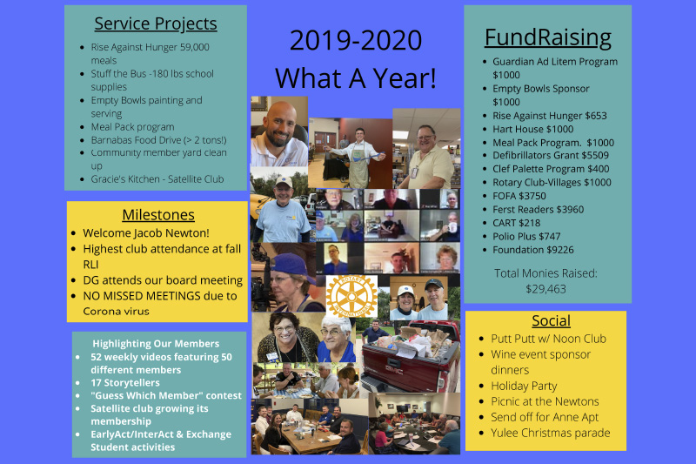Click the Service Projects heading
click(x=156, y=24)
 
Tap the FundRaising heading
click(x=548, y=37)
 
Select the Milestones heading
click(x=158, y=215)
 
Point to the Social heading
click(x=552, y=320)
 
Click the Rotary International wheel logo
click(x=351, y=296)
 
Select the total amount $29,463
click(x=546, y=289)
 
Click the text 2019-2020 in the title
click(x=356, y=40)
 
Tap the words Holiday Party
click(x=524, y=387)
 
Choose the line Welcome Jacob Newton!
click(x=146, y=233)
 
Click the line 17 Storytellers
click(x=125, y=383)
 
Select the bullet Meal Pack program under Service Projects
click(x=133, y=127)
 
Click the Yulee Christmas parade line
click(x=551, y=433)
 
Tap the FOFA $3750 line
click(x=519, y=196)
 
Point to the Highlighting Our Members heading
click(x=156, y=344)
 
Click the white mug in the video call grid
click(x=452, y=227)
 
